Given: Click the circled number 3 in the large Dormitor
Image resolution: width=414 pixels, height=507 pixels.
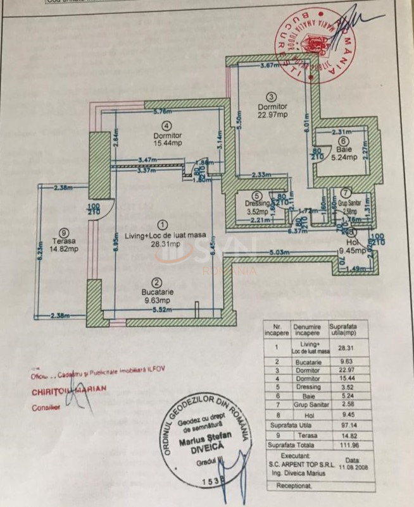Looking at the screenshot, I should (x=272, y=97).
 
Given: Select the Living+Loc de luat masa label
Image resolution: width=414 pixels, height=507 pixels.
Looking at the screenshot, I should (x=163, y=235).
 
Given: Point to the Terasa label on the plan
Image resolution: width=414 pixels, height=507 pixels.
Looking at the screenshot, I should (x=65, y=241).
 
